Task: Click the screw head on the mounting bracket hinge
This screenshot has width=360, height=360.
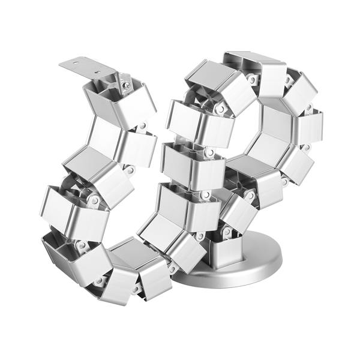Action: point(127,85)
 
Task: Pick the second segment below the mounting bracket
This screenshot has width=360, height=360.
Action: point(123,141)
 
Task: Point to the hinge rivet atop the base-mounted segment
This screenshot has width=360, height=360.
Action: point(227,232)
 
